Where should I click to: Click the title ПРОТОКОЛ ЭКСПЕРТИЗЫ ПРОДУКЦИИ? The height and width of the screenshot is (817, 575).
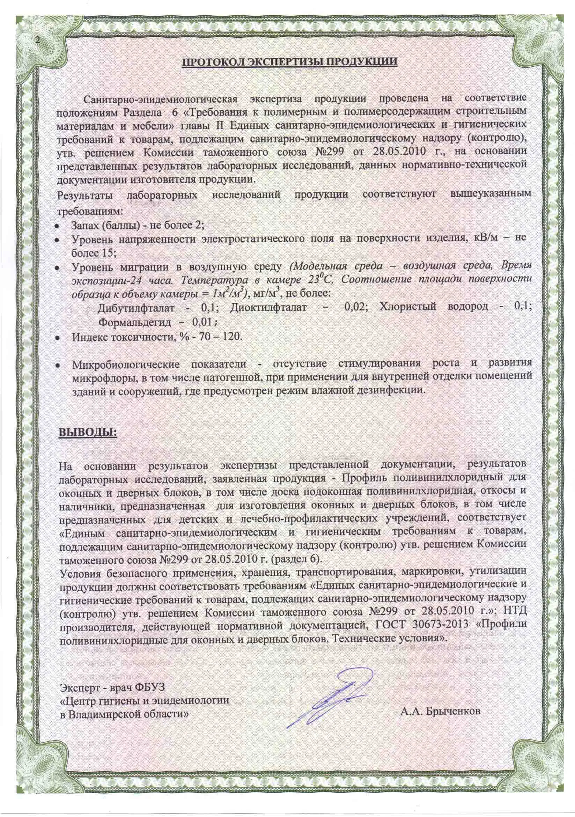pos(289,61)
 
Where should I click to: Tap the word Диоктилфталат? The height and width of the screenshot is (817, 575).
pos(268,308)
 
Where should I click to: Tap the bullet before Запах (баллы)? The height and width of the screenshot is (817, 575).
pos(56,226)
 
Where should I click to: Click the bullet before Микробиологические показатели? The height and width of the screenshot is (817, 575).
pos(56,366)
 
